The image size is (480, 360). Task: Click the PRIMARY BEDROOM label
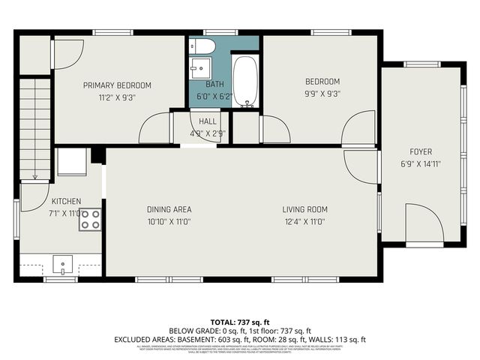tap(117, 85)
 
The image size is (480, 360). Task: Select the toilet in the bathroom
tap(202, 47)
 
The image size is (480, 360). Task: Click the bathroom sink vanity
tap(198, 70)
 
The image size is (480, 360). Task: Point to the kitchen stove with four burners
tap(90, 220)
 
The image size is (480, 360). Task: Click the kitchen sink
tap(62, 264)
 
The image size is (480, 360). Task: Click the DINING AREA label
tap(169, 209)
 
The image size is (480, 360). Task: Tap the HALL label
tap(208, 121)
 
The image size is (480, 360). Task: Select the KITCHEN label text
tap(66, 202)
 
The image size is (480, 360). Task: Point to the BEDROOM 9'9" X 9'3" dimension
tap(322, 94)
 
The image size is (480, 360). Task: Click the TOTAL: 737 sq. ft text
tap(239, 322)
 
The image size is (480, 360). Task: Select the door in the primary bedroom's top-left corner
tap(64, 51)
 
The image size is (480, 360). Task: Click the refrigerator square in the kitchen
tap(73, 161)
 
